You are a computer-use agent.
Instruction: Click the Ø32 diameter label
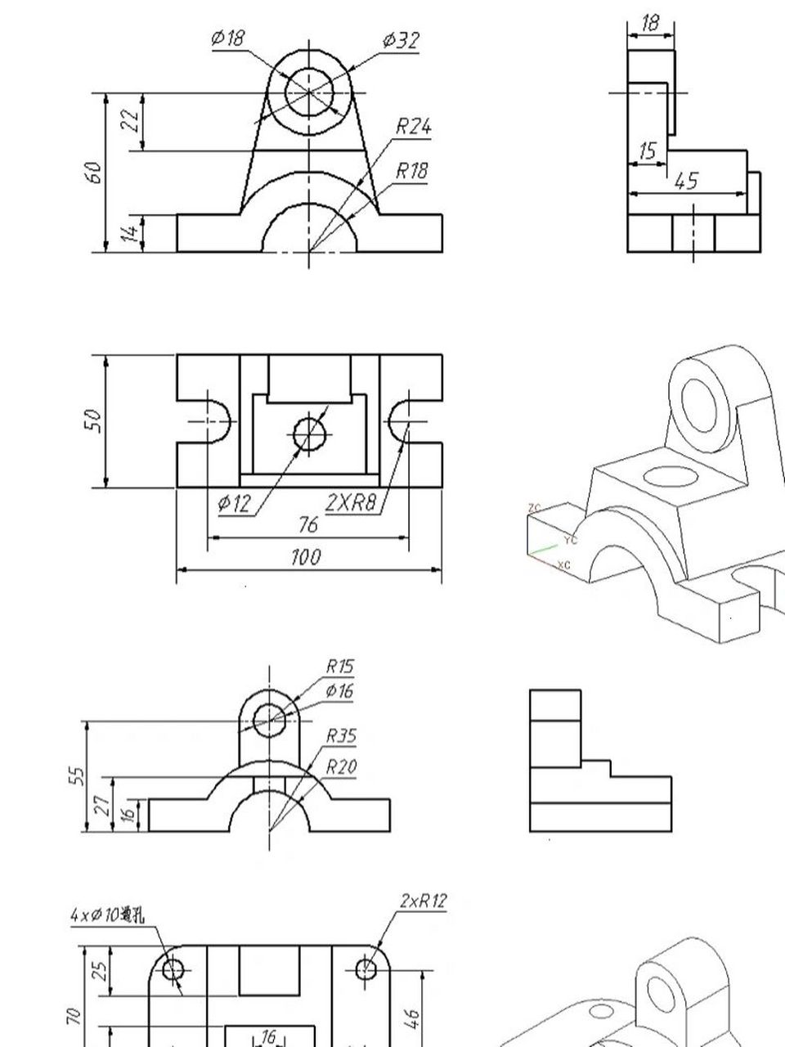(401, 40)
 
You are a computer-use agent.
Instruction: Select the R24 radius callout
(414, 126)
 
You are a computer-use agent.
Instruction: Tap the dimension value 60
(95, 172)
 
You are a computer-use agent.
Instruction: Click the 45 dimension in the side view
(687, 181)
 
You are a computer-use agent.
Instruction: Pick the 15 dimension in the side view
(648, 151)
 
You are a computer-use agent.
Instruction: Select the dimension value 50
(94, 420)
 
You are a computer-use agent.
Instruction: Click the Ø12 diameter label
(235, 503)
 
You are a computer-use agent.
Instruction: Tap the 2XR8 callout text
(352, 503)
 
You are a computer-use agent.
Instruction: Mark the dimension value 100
(307, 558)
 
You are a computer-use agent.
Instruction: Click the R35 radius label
(341, 736)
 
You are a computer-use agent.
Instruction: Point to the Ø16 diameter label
(339, 692)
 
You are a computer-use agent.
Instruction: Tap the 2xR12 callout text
(424, 901)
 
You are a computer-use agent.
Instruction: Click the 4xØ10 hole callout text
(106, 915)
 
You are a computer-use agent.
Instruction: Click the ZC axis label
(535, 508)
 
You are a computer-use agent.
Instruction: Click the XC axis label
(563, 565)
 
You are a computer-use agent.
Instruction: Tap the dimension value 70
(74, 1015)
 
